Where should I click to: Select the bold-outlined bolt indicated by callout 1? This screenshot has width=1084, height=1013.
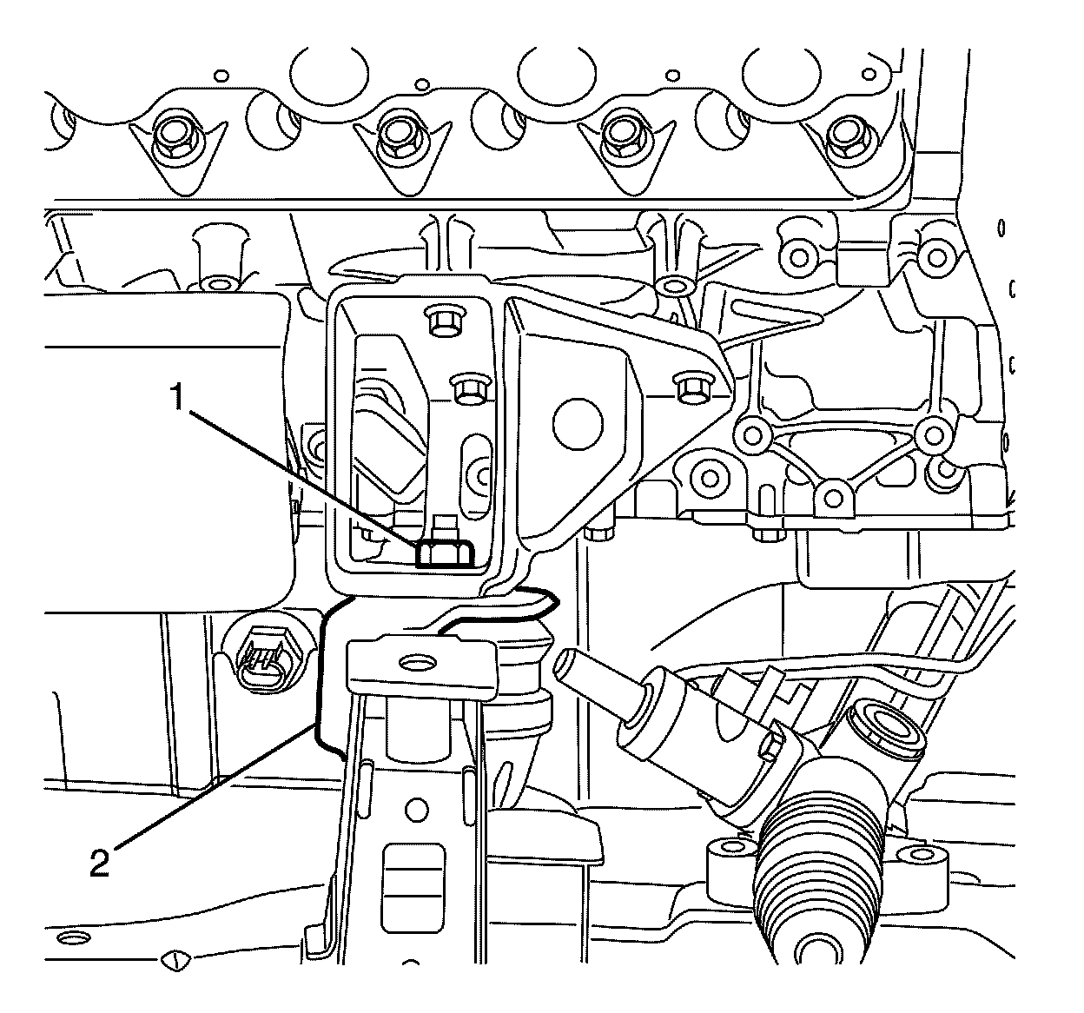[x=443, y=553]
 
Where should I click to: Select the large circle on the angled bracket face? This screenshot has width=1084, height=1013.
[x=577, y=423]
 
